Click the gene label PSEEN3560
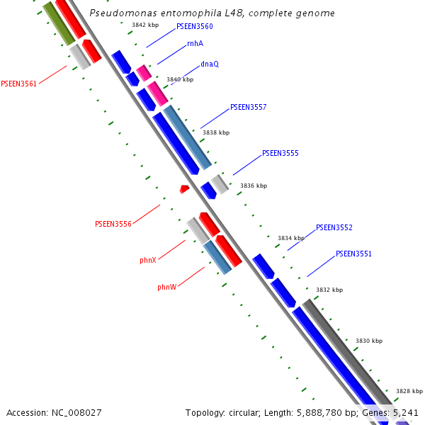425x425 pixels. tap(195, 26)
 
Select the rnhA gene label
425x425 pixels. tap(195, 44)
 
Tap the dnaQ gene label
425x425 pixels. tap(210, 64)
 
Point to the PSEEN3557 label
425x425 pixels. tap(249, 108)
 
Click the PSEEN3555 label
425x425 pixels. tap(280, 153)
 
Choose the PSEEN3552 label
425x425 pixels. tap(334, 228)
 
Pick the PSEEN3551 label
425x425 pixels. tap(353, 254)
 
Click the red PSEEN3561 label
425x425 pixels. tap(19, 84)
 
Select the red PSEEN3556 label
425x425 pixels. tap(113, 224)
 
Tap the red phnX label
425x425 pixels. tap(148, 261)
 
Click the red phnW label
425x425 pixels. tap(167, 288)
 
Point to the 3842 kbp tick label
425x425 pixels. tap(145, 25)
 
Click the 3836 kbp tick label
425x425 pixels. tap(254, 186)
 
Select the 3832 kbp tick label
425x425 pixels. tap(329, 290)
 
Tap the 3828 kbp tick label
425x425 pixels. tap(409, 391)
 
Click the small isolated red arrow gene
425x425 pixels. tap(184, 189)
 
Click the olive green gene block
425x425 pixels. tap(58, 22)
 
